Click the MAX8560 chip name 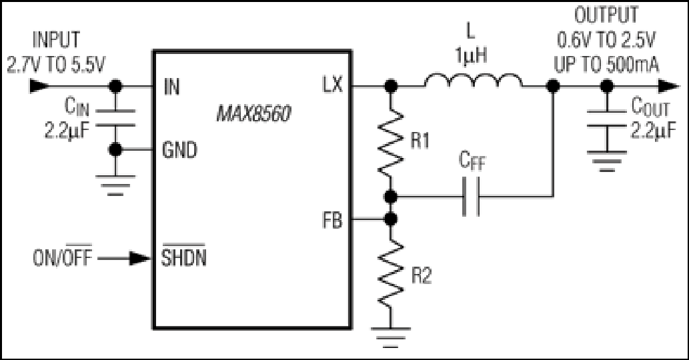[x=253, y=114]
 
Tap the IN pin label [x=172, y=87]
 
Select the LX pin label [x=332, y=85]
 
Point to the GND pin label [x=179, y=150]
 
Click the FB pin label [x=332, y=221]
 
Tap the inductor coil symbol [x=474, y=80]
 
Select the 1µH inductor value [x=471, y=56]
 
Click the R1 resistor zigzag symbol [x=391, y=143]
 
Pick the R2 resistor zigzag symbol [x=391, y=274]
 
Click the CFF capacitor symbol [x=471, y=196]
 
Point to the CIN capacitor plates [x=115, y=118]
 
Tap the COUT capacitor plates [x=607, y=119]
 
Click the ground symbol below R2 [x=391, y=337]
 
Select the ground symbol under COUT [x=607, y=161]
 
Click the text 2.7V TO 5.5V [x=56, y=65]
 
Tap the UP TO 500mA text [x=606, y=65]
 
